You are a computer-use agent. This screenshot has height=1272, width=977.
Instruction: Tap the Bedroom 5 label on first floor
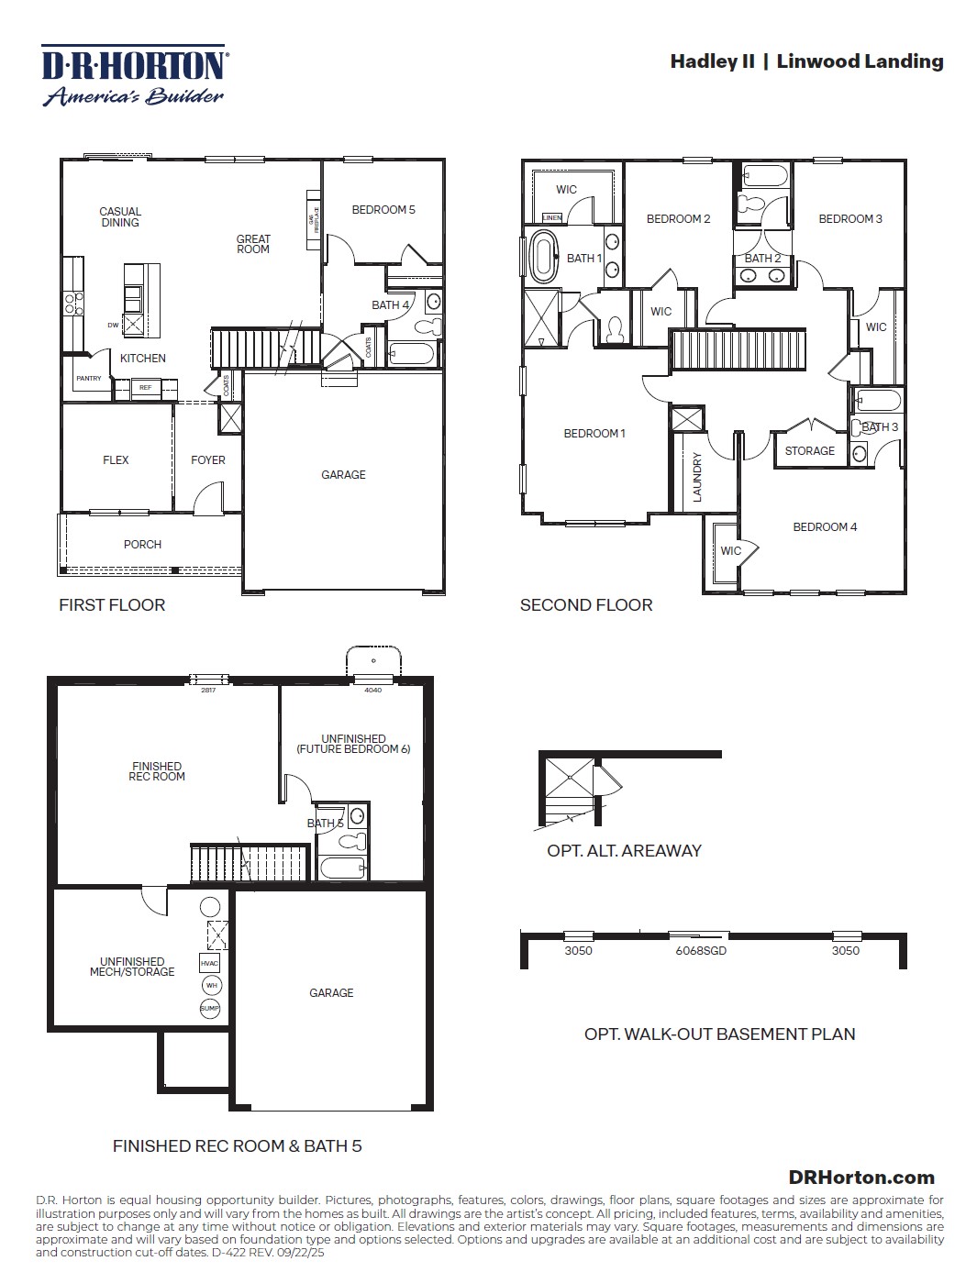[383, 210]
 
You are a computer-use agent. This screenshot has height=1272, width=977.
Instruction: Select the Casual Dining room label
[120, 217]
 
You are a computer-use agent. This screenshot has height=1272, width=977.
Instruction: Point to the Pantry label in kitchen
[89, 379]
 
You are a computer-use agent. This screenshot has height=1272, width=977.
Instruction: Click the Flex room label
[116, 460]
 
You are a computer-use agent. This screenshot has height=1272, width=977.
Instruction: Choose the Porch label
[142, 545]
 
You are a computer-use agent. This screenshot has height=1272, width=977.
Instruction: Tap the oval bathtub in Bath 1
[541, 258]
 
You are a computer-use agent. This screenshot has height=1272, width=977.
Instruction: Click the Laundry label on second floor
[697, 477]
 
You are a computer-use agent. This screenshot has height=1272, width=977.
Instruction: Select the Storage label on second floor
[809, 451]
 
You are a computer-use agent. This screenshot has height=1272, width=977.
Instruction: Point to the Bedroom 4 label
[825, 527]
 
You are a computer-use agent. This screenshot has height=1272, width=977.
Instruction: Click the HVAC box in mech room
[209, 964]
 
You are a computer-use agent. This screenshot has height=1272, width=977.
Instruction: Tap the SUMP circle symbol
[209, 1009]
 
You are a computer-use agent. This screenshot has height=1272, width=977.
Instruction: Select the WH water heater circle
[211, 986]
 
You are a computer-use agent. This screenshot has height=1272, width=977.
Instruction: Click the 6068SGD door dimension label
[701, 951]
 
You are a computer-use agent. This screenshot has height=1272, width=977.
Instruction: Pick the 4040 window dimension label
[373, 691]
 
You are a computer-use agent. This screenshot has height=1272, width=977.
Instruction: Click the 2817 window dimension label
[208, 691]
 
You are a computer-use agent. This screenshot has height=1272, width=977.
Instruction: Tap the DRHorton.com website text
[860, 1178]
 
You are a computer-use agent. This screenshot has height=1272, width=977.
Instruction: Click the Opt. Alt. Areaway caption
[624, 851]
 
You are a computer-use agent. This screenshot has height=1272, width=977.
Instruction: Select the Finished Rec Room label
[157, 772]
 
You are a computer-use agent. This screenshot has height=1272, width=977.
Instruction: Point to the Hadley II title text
[712, 61]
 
